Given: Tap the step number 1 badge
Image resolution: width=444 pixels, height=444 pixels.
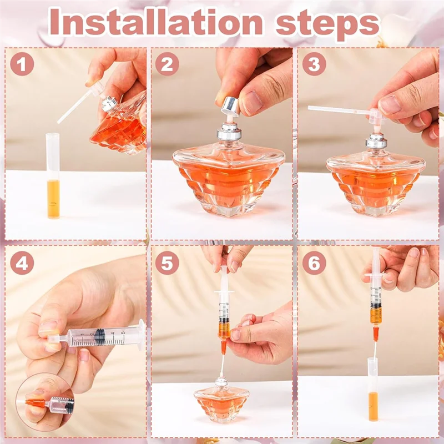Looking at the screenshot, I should [x=23, y=64].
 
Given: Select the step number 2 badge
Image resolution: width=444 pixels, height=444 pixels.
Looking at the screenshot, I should [x=167, y=64].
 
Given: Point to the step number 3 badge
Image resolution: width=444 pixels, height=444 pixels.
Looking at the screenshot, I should [x=314, y=64].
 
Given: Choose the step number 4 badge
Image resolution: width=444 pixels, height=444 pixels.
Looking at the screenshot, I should [x=23, y=264].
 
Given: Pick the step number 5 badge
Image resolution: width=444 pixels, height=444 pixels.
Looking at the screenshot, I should [x=167, y=264].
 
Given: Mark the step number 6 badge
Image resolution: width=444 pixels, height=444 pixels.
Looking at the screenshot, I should [x=314, y=264].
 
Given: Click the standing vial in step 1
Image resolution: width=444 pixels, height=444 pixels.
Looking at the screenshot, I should [x=53, y=178].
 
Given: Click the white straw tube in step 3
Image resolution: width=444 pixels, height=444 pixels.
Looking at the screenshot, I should [x=339, y=110].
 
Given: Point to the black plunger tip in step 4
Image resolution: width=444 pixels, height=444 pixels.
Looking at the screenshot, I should [x=100, y=336].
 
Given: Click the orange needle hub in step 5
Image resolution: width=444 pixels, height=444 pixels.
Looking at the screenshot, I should [x=223, y=347].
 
